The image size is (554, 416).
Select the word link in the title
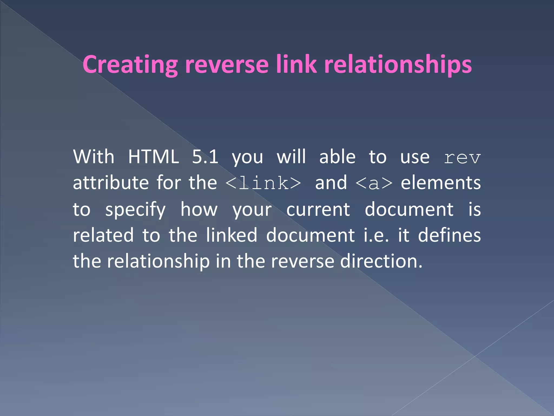coord(296,64)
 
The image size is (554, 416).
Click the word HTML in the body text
coord(153,157)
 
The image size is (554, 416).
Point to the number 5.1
coord(205,157)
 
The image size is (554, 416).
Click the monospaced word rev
coord(462,158)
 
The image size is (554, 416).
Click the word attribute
coord(111,183)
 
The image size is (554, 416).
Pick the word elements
coord(441,183)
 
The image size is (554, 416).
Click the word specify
coord(135,210)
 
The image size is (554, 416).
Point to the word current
coord(318,209)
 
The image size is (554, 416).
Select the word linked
coord(232,235)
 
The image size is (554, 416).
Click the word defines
coord(449,235)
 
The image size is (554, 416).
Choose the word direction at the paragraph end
coord(381,261)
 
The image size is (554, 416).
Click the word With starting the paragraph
coord(94,157)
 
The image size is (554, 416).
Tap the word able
coord(337,157)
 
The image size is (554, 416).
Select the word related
coord(103,235)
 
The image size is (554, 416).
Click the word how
coord(199,209)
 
